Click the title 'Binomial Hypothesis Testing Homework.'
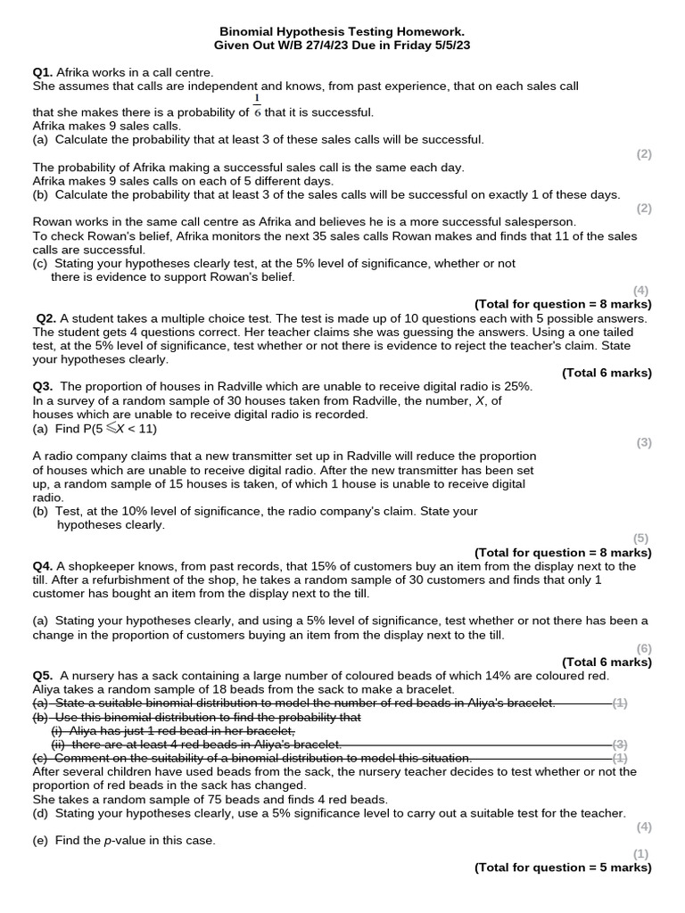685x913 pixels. tap(342, 30)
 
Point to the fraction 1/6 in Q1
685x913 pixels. tap(258, 107)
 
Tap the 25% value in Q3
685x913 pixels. tap(516, 386)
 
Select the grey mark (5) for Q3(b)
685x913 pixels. tap(641, 538)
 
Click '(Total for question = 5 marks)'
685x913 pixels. tap(563, 868)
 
